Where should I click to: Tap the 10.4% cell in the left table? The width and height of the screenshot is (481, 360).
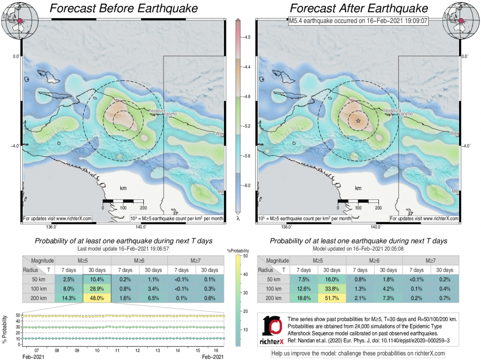[96, 279]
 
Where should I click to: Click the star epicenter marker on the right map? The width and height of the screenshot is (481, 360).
[358, 121]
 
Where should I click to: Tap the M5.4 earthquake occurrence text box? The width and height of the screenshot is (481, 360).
[357, 22]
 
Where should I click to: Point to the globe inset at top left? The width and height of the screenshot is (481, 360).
[17, 20]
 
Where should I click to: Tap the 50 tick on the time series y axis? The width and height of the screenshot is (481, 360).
[18, 315]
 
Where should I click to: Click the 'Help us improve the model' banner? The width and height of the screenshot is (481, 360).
[358, 354]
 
